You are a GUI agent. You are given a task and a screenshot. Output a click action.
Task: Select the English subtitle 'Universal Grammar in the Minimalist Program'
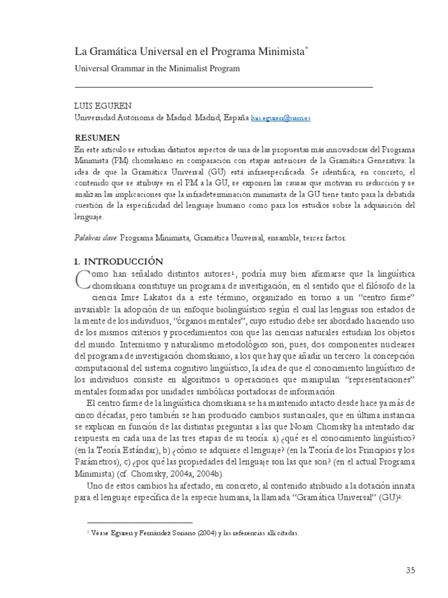(157, 68)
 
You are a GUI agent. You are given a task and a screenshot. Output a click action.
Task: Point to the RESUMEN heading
(97, 138)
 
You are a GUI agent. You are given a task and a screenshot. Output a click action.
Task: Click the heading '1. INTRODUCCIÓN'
(118, 261)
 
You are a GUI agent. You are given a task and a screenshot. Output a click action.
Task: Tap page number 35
(410, 571)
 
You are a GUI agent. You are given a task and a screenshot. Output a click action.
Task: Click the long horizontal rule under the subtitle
(225, 86)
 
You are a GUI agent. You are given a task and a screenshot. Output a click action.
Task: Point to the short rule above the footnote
(139, 523)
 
